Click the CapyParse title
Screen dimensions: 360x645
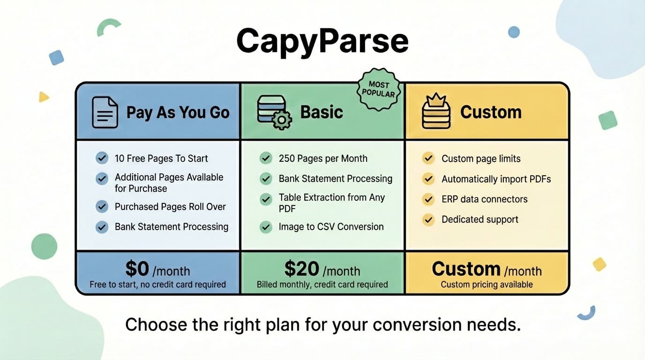click(x=322, y=41)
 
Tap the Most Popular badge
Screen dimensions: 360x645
click(x=379, y=89)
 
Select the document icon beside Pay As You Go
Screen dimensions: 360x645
click(x=105, y=112)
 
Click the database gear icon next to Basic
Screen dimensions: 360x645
click(x=274, y=112)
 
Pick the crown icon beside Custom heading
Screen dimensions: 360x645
click(x=436, y=112)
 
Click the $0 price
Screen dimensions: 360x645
click(x=137, y=269)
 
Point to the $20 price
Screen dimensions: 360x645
click(x=301, y=269)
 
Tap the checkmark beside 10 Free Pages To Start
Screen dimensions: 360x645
click(x=102, y=158)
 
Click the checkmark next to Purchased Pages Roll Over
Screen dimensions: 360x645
click(x=102, y=207)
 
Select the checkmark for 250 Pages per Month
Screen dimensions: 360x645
click(x=266, y=158)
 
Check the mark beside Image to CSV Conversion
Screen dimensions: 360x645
click(x=266, y=227)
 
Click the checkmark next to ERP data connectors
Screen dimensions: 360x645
click(x=428, y=199)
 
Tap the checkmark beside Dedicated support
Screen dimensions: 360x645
click(x=428, y=219)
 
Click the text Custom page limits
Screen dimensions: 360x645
click(x=481, y=158)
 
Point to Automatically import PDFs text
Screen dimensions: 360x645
click(x=496, y=179)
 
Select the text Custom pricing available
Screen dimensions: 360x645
click(x=487, y=285)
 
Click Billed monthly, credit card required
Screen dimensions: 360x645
click(x=322, y=285)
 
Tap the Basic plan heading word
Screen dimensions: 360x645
click(x=322, y=112)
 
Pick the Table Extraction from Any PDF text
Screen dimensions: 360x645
click(x=331, y=202)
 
